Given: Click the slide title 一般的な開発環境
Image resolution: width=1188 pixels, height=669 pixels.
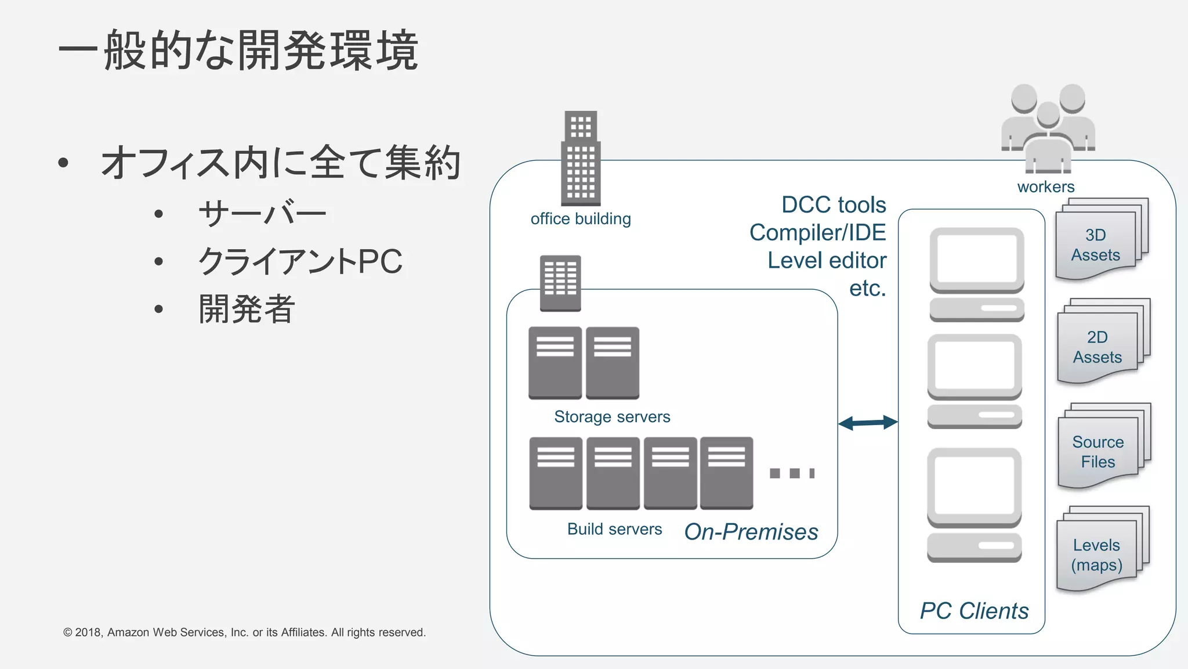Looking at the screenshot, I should point(238,51).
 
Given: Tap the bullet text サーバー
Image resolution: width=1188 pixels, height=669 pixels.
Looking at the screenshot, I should point(262,214).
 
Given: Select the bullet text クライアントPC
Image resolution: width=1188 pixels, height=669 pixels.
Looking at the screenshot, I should point(300,261).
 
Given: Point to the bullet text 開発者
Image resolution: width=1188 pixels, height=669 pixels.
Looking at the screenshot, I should point(247,309).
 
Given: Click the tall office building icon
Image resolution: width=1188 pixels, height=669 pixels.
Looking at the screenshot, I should point(581,158).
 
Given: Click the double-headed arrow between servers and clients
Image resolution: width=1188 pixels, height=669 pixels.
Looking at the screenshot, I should point(868,423).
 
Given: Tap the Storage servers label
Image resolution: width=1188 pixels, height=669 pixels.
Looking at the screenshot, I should point(612,416).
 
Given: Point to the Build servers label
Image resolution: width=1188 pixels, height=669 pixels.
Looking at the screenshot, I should point(614,529).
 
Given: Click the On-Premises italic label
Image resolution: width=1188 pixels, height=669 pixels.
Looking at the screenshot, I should point(751,531).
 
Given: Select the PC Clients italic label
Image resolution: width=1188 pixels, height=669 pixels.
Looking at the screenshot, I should point(974,611).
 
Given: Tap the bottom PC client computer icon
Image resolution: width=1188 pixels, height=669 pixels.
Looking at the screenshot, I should point(974,504).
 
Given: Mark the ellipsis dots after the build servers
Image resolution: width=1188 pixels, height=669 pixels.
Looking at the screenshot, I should point(792,473).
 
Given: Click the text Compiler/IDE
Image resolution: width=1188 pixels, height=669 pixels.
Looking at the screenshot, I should point(817,232).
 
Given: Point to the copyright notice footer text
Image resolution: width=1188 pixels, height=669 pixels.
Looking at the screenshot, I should point(244,632).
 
